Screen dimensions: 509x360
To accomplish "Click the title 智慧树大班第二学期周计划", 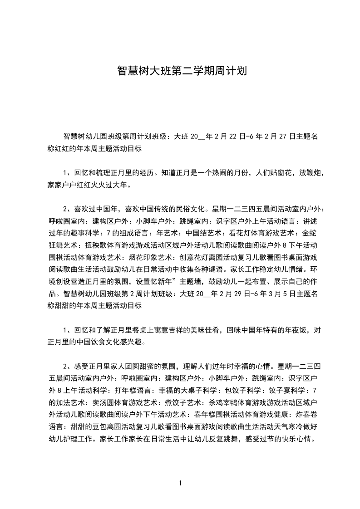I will point(182,71).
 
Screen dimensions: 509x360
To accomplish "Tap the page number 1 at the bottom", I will point(180,483).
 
